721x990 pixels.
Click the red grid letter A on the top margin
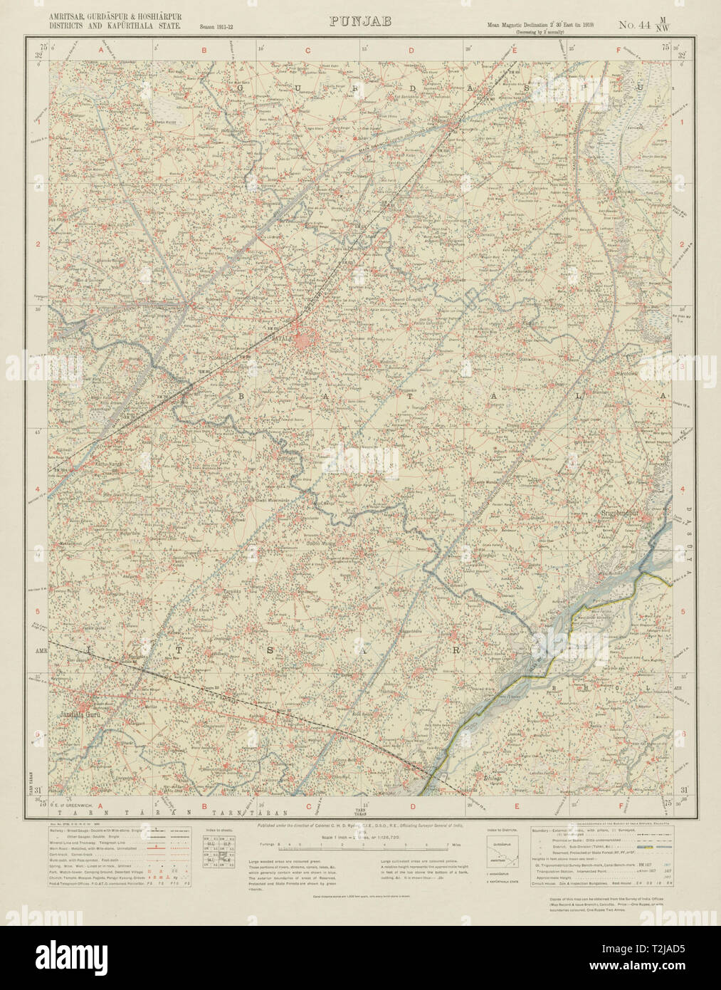pos(100,49)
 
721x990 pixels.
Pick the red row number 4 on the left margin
pos(37,490)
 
